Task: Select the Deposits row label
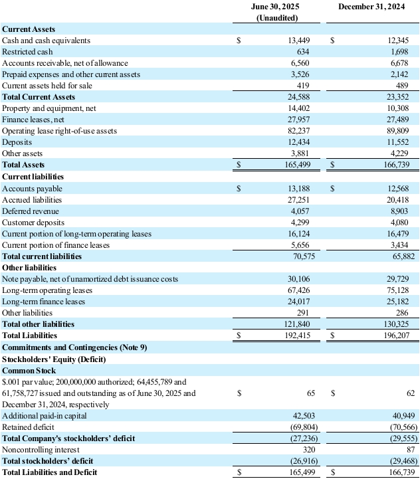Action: pyautogui.click(x=17, y=142)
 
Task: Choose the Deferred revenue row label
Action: pyautogui.click(x=31, y=211)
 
